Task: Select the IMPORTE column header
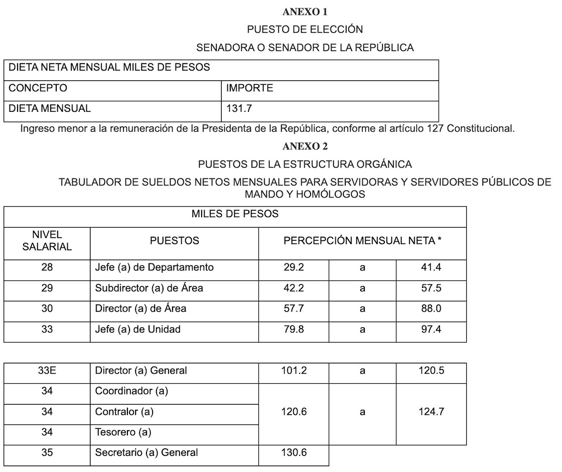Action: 249,88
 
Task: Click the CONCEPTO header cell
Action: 38,88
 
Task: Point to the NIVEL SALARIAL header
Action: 47,241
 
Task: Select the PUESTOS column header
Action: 174,241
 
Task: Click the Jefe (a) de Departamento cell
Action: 154,267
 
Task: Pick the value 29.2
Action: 294,267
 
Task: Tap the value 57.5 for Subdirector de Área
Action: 431,288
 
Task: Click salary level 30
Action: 47,309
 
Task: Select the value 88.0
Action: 431,309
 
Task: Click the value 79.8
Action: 294,330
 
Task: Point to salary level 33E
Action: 47,371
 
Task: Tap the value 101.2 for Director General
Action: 294,371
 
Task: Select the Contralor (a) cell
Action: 124,412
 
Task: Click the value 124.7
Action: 431,412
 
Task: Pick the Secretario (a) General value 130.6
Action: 294,452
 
